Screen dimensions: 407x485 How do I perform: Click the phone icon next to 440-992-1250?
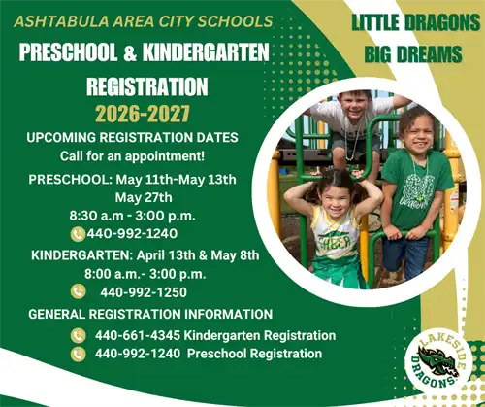coord(79,291)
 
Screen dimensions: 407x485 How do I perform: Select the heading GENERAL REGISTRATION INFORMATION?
coord(150,314)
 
